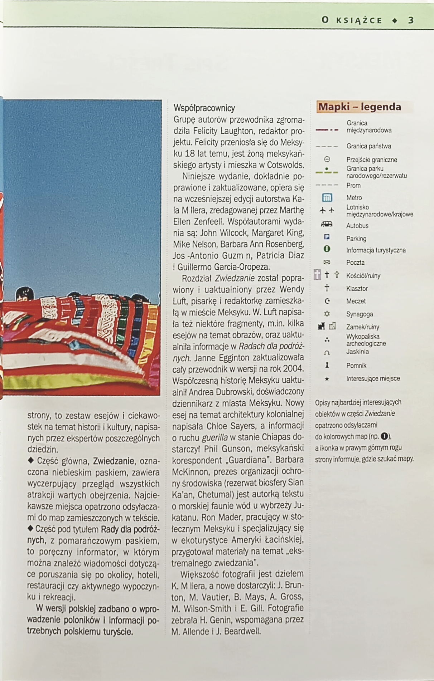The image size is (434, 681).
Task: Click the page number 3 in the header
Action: point(411,20)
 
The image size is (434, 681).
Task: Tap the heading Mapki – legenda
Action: point(360,107)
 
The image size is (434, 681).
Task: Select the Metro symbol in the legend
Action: point(327,198)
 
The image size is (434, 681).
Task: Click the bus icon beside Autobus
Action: point(327,225)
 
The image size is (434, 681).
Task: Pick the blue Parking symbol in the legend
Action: point(327,237)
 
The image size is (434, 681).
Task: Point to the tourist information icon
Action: point(327,249)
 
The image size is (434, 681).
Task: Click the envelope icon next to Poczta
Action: point(327,263)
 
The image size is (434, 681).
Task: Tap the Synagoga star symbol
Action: point(327,314)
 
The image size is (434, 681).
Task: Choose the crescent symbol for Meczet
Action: point(327,301)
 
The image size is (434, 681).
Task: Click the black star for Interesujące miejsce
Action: point(327,379)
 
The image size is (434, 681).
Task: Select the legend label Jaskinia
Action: point(357,352)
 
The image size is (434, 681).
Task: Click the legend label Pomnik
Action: point(356,366)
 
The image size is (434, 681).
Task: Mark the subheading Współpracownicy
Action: point(204,108)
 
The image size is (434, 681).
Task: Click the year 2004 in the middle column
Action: point(293,368)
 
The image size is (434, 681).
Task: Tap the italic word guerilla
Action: point(214,437)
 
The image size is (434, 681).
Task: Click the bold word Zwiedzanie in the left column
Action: point(114,461)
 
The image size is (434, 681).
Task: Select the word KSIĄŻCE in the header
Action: point(359,20)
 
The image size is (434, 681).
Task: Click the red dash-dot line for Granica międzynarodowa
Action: point(327,130)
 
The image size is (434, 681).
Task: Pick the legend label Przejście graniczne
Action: point(371,160)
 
